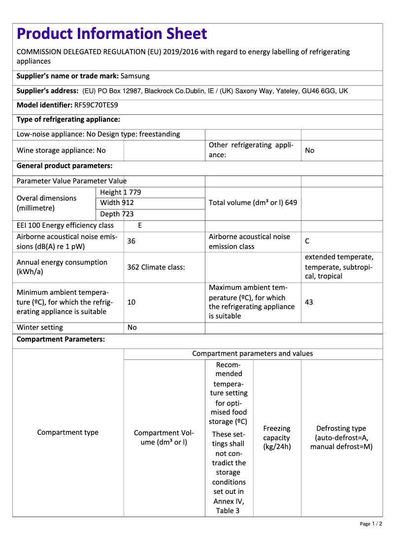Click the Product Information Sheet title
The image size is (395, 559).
click(112, 34)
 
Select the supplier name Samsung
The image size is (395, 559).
click(135, 76)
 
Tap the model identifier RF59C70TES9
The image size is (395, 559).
click(96, 105)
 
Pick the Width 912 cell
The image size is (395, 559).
click(117, 203)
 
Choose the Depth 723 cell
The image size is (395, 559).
click(117, 214)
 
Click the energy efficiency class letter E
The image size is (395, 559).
click(140, 226)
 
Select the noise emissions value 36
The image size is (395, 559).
click(132, 242)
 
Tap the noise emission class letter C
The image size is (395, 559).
click(307, 242)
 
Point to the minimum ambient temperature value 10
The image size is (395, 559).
click(132, 302)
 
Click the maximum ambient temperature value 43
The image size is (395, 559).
click(309, 302)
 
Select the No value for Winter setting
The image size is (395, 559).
click(132, 328)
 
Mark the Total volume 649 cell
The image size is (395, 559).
click(253, 203)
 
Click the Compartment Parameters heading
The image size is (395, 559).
click(61, 340)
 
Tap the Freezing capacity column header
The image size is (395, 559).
click(277, 438)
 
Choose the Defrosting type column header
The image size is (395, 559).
click(341, 438)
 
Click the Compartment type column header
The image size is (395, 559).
click(68, 433)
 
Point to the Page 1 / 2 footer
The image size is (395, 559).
click(371, 524)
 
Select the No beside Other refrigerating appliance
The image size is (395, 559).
click(310, 150)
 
